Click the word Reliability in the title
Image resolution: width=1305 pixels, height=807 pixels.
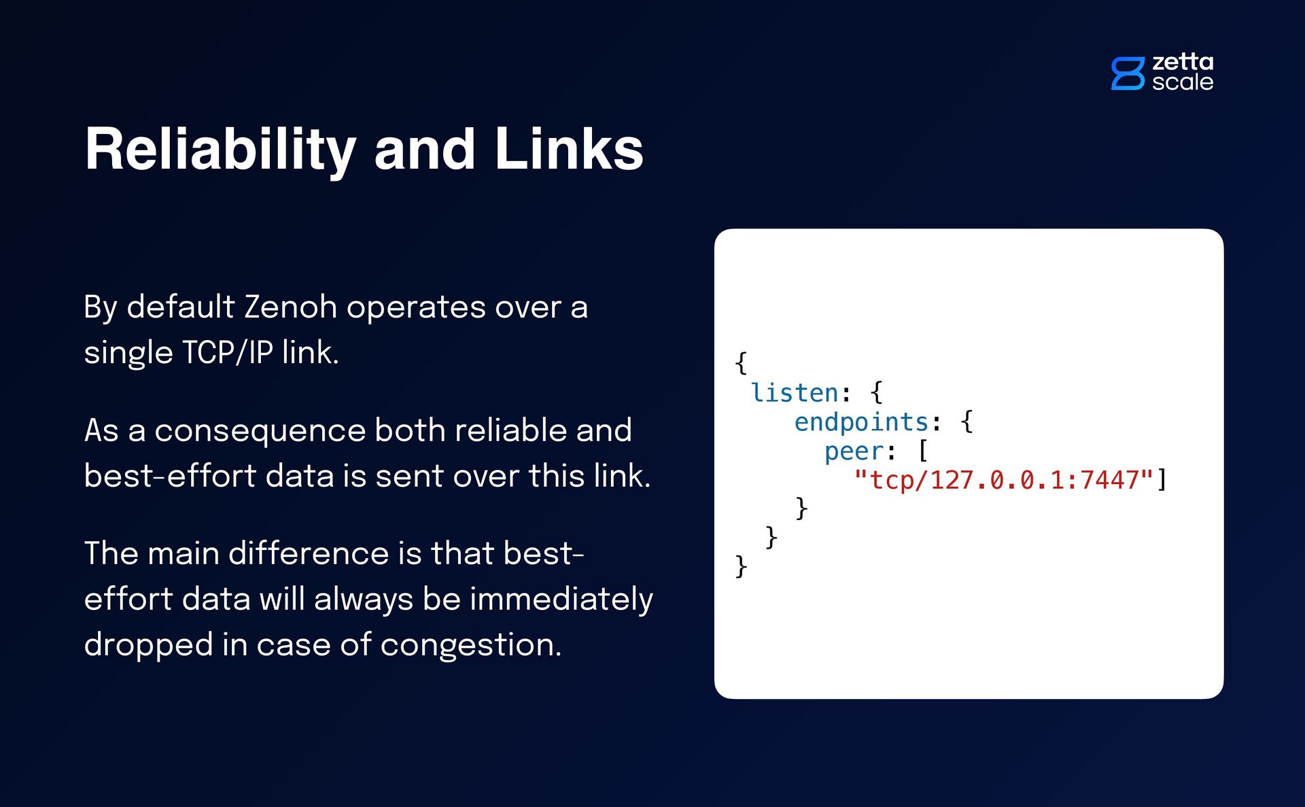[x=220, y=150]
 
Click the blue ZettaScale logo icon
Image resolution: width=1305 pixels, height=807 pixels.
[x=1128, y=73]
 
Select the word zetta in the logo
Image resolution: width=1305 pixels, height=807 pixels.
[x=1183, y=62]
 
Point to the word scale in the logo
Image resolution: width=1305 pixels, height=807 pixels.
[x=1183, y=82]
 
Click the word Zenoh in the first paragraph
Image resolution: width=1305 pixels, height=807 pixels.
[x=290, y=307]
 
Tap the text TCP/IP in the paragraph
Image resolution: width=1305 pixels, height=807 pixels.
[x=228, y=352]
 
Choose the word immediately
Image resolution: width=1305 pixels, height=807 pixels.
[x=561, y=599]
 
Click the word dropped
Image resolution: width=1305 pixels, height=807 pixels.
[x=149, y=645]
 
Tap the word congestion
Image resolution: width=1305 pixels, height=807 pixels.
[x=470, y=645]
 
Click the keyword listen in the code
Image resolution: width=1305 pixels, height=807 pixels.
[x=795, y=393]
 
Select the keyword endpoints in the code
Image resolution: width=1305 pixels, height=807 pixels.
[x=861, y=422]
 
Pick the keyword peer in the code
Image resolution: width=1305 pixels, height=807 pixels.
[x=854, y=451]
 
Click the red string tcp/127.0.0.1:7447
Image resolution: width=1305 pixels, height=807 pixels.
[x=1004, y=480]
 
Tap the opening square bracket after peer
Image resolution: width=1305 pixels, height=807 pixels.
[x=922, y=451]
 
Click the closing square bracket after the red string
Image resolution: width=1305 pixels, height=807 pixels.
[x=1162, y=480]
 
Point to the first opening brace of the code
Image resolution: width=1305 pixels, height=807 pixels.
[x=741, y=363]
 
